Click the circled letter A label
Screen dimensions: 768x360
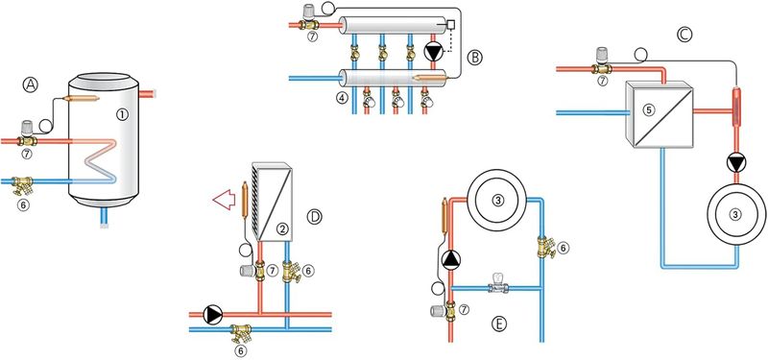(x=30, y=84)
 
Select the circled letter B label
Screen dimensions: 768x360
(x=474, y=58)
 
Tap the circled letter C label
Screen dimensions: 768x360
(x=684, y=34)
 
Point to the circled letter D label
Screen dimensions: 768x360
(x=314, y=216)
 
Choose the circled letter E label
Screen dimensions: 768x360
(x=498, y=324)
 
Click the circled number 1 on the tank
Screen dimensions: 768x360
(x=122, y=114)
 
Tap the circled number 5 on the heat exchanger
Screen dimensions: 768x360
(x=649, y=109)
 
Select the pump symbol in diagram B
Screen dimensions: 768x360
(x=432, y=52)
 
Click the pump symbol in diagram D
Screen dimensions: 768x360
(x=213, y=315)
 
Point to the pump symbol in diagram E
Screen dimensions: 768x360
(x=450, y=259)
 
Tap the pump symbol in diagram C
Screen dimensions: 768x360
(x=735, y=162)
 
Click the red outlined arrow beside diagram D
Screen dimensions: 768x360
(x=224, y=201)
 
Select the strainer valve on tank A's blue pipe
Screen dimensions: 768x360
(x=22, y=186)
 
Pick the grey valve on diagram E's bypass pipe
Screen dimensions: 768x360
(x=498, y=286)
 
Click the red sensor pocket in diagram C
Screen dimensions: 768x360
(x=736, y=106)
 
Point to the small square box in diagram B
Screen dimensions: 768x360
(x=450, y=24)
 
